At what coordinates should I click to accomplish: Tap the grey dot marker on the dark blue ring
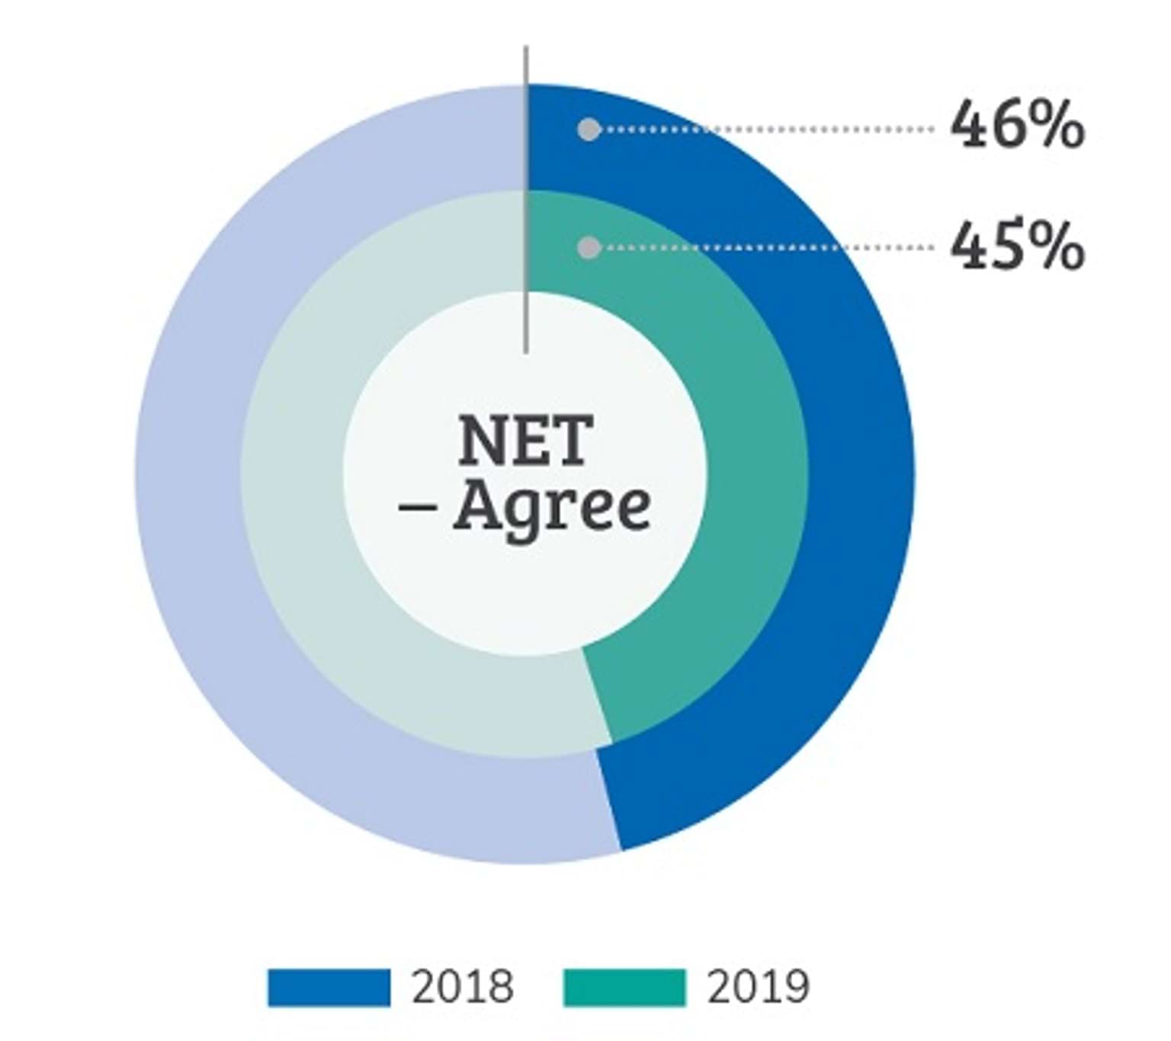tap(589, 129)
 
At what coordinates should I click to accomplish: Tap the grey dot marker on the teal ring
tap(589, 247)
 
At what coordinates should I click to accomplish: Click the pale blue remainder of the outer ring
tap(191, 473)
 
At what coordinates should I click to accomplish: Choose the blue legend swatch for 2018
tap(329, 988)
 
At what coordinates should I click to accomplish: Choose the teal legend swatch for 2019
tap(624, 988)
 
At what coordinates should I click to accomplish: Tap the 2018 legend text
tap(463, 988)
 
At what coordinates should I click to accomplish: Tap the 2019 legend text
tap(758, 988)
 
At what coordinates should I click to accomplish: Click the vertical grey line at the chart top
tap(525, 198)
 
